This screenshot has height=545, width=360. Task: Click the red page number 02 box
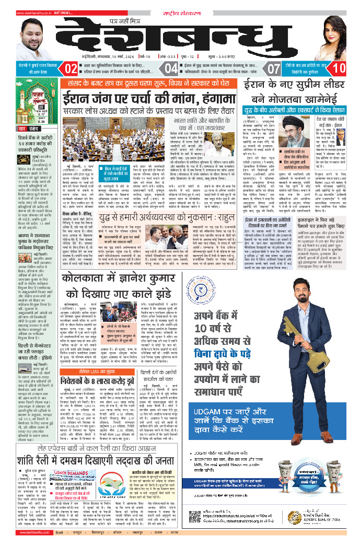pos(71,68)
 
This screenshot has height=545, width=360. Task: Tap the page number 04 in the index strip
pos(171,68)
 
